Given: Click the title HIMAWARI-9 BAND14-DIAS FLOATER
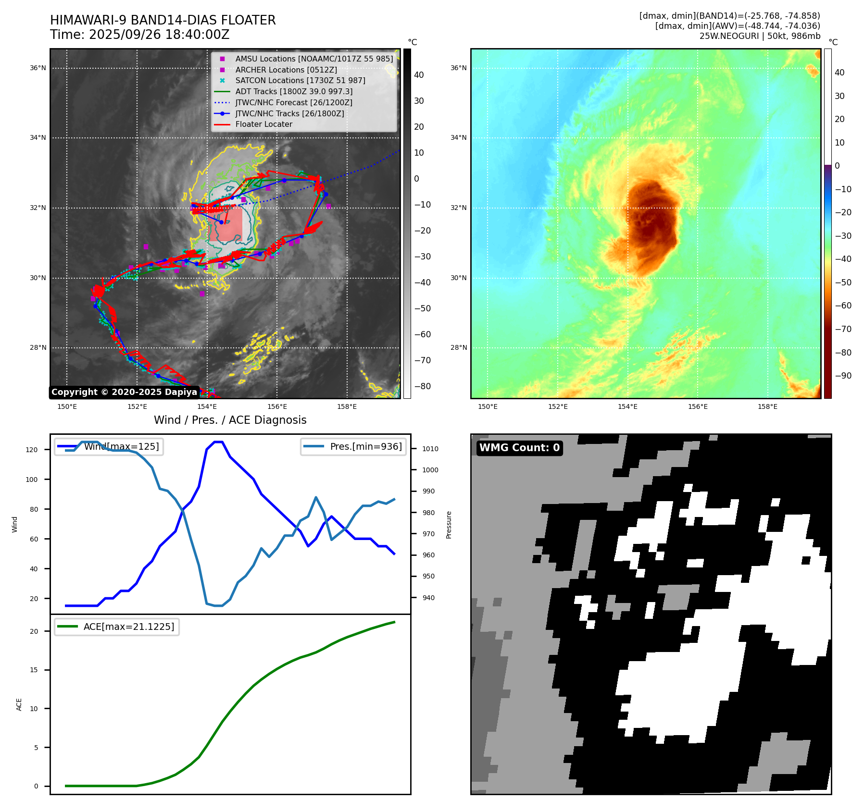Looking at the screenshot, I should (163, 20).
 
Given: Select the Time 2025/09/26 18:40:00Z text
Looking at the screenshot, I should (139, 35).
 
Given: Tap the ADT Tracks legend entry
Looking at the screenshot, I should (293, 91).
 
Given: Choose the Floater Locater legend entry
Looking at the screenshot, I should (263, 124).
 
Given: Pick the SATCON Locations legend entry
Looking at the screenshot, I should (300, 80).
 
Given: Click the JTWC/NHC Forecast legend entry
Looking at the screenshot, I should (293, 102).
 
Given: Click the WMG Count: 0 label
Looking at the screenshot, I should (519, 448).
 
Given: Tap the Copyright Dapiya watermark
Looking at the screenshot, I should (124, 392).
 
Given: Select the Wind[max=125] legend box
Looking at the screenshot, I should (109, 446).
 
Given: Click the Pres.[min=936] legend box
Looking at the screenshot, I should (353, 446).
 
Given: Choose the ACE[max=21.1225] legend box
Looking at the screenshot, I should (117, 627).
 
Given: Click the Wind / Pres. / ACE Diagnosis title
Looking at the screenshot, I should (230, 420).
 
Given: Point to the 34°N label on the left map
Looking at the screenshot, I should (38, 138).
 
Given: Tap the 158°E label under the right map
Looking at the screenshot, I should (767, 406).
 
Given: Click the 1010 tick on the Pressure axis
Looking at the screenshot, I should (430, 449).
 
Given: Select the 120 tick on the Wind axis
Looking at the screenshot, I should (32, 450).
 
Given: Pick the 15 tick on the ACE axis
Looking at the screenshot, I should (34, 670).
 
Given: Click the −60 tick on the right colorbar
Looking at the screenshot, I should (843, 306).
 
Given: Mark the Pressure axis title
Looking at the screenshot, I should (449, 524).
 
